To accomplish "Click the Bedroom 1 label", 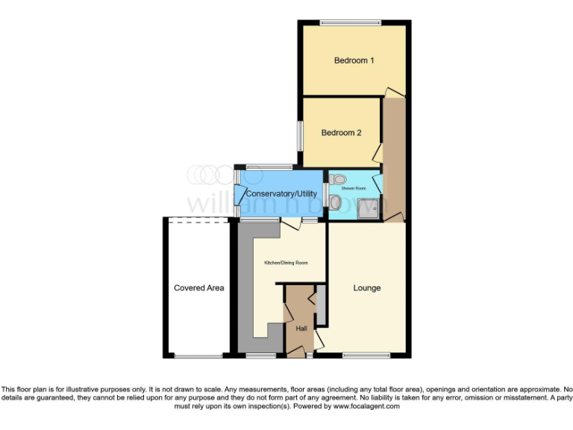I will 354,60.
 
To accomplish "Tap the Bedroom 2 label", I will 341,133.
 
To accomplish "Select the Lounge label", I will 366,288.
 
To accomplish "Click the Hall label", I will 301,328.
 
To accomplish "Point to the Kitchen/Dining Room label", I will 286,263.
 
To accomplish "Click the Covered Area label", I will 198,287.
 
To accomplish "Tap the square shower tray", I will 369,209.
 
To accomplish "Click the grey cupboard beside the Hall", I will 321,305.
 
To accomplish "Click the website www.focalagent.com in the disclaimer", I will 366,406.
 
